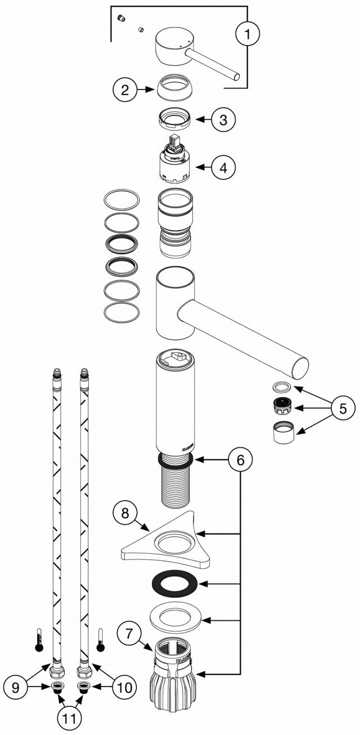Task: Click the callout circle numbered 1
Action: tap(247, 33)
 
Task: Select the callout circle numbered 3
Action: tap(223, 119)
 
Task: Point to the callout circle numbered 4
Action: tap(223, 167)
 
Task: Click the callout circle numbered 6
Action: tap(240, 460)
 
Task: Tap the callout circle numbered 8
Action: tap(125, 513)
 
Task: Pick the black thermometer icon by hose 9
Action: tap(39, 640)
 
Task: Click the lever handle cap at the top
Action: tap(172, 45)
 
